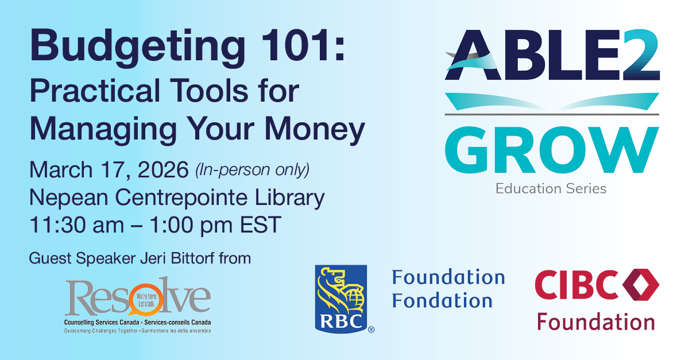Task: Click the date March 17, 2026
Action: pyautogui.click(x=109, y=171)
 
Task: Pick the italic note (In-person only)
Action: pyautogui.click(x=253, y=171)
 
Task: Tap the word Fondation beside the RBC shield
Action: pyautogui.click(x=442, y=300)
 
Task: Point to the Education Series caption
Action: pyautogui.click(x=551, y=188)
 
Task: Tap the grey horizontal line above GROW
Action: pyautogui.click(x=552, y=115)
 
